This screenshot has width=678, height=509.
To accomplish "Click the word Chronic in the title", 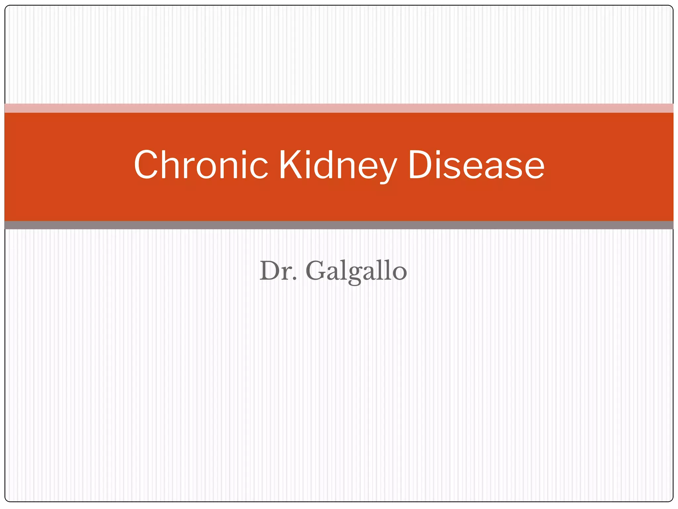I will click(201, 165).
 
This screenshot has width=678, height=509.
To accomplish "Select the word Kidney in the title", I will click(337, 165).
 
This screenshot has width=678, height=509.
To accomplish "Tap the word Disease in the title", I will click(476, 165).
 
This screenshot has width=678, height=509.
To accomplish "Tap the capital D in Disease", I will click(421, 165).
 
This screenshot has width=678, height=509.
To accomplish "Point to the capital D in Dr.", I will click(270, 271).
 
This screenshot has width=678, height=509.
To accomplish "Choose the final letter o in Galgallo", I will click(400, 273).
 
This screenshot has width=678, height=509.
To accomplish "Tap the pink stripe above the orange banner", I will click(339, 108).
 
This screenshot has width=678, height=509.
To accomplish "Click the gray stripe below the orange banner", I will click(339, 225).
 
